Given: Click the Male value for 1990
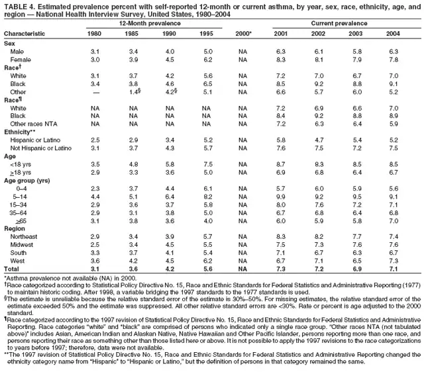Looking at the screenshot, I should (x=171, y=51).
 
